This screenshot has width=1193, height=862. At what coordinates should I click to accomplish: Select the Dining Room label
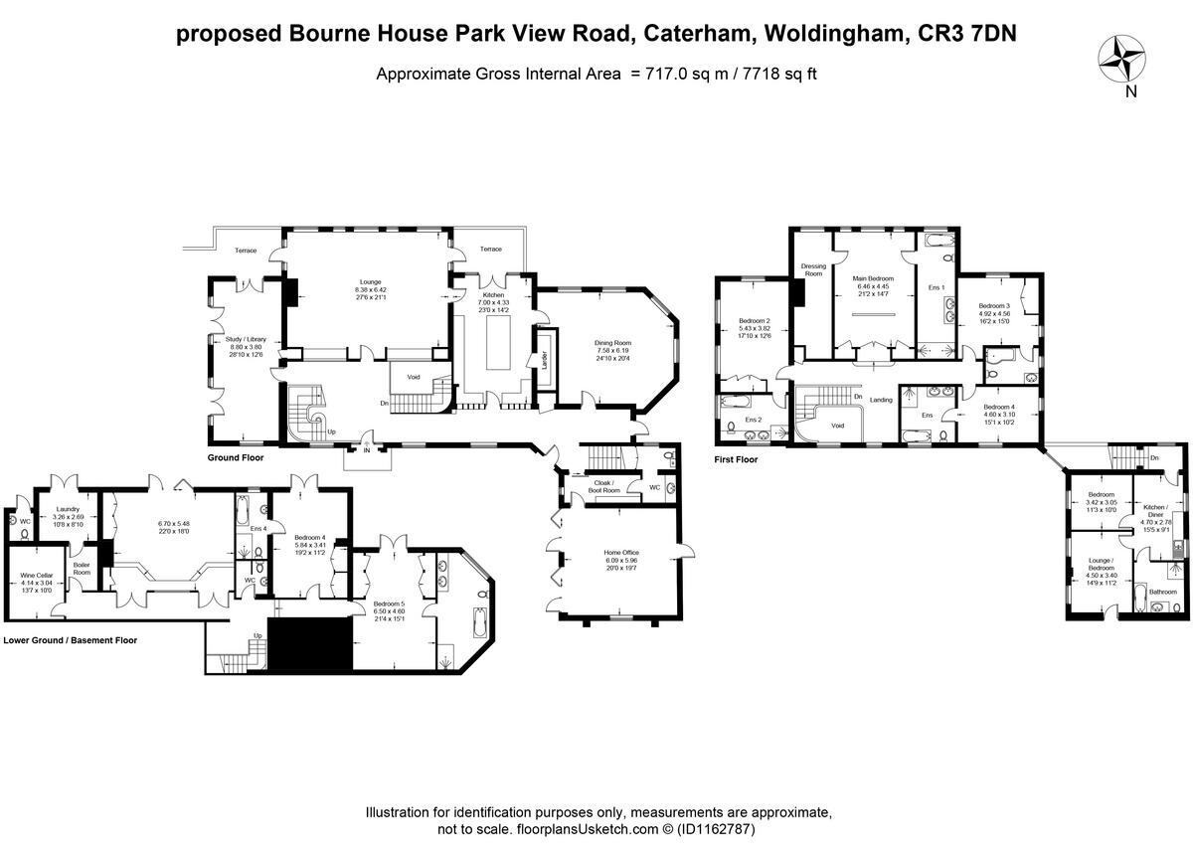(613, 343)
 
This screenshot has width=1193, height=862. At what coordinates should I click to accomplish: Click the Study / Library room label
(225, 339)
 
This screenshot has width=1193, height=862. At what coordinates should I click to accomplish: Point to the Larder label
(546, 366)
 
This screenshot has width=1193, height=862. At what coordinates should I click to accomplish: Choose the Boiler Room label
(83, 569)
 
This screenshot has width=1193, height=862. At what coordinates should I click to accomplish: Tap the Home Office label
(620, 554)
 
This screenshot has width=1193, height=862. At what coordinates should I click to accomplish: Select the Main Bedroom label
(873, 278)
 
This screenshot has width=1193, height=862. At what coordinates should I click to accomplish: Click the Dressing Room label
(813, 269)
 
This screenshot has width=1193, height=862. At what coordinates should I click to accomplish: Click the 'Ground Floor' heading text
(235, 458)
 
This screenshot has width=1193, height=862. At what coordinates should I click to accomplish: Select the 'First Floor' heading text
(737, 459)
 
